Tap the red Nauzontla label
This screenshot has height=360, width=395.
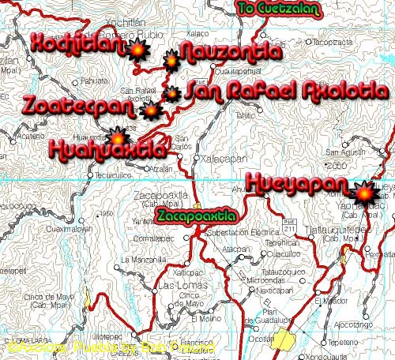click(x=230, y=52)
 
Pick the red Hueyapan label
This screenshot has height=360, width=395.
click(x=296, y=183)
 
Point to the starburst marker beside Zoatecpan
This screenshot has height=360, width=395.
click(x=150, y=111)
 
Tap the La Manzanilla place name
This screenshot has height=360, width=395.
click(x=141, y=259)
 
